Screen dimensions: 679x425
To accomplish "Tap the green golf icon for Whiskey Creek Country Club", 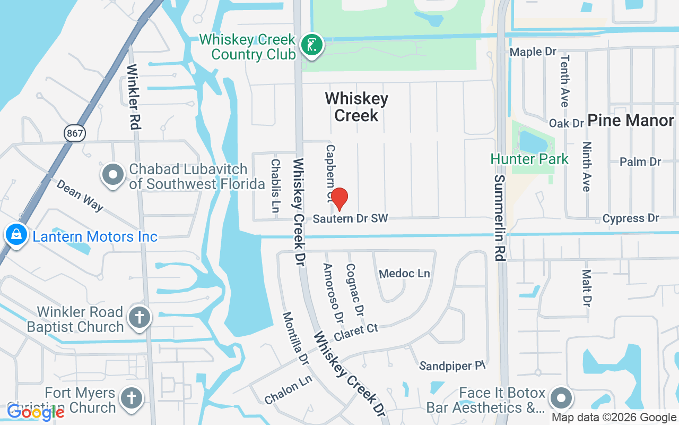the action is coord(312,45).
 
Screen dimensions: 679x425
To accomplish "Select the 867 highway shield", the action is coord(75,133).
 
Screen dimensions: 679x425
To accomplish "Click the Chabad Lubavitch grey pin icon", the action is coord(113,176).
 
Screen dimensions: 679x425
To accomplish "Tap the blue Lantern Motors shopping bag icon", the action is coord(16,234).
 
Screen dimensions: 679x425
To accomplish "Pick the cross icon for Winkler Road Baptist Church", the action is coord(140,318).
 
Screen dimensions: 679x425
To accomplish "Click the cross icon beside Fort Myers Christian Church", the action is coord(132,398).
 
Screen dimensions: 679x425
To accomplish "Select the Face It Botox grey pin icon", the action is coord(561,398).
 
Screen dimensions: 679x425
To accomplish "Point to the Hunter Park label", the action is coord(529,159).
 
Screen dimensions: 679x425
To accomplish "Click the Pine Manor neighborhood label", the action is coord(631,120).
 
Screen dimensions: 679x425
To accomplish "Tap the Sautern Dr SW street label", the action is coord(350,218).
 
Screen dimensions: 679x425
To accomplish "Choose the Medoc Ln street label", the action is coord(405,274).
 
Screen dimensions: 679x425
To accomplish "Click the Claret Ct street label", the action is coord(356,332).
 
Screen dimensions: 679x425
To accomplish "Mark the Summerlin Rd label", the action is coord(499,218).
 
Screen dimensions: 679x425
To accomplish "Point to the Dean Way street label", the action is coord(80,195).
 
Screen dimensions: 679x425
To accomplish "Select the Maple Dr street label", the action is coord(533,52).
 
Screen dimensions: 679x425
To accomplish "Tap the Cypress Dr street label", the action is coord(631,218).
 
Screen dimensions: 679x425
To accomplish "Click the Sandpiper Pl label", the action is coord(452,365).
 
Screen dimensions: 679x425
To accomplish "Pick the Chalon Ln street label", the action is coord(288,390).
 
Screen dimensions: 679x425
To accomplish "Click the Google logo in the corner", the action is coord(35,412).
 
